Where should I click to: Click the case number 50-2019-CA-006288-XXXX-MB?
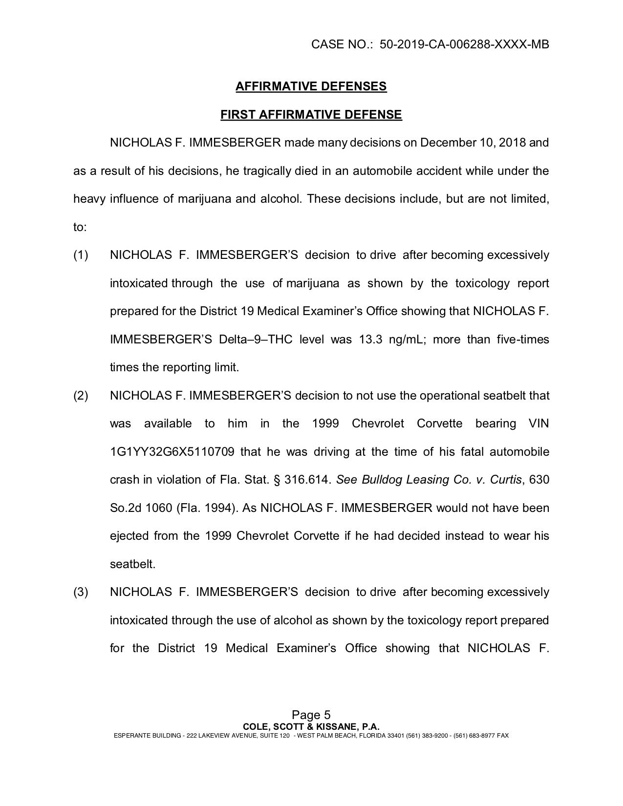coord(464,44)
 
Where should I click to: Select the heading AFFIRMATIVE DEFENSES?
coord(311,86)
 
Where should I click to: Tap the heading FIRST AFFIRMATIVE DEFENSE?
coord(311,115)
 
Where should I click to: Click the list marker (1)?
coord(81,255)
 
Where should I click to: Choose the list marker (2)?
coord(81,396)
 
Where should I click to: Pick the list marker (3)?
coord(81,593)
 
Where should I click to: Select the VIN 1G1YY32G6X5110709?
coord(172,452)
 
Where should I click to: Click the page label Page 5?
coord(311,715)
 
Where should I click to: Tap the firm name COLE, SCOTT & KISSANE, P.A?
coord(311,726)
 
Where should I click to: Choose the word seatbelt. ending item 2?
coord(132,564)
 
